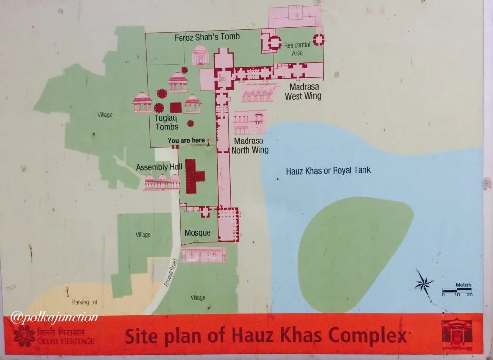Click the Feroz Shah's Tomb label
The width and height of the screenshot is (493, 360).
208,37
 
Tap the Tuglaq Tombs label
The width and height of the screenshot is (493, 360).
167,122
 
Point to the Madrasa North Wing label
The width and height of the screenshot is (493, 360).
250,145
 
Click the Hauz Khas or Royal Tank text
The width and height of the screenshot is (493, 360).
328,170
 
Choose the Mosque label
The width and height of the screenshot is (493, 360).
198,233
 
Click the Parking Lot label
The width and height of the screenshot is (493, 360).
85,302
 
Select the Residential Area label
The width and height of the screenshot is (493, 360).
297,49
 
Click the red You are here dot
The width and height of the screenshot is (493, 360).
208,140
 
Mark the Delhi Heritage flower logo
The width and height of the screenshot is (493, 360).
24,335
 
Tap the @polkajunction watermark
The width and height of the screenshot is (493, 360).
54,318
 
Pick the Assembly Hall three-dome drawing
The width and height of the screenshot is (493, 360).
162,181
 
